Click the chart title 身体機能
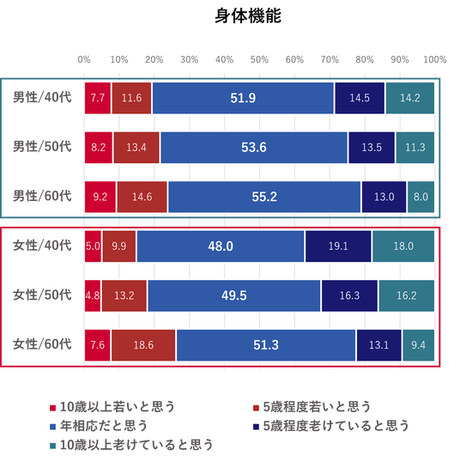click(248, 15)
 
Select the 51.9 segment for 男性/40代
click(243, 98)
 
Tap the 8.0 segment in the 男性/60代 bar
click(421, 197)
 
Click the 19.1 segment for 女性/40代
click(338, 246)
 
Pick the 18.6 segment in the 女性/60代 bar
click(143, 345)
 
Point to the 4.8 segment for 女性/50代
click(93, 295)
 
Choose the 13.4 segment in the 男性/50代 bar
click(136, 148)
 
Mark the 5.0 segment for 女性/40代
click(93, 246)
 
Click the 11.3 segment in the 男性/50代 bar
click(415, 148)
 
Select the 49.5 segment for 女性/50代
click(234, 295)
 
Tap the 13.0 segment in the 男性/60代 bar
click(384, 197)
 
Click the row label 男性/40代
click(42, 98)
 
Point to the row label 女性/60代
click(42, 344)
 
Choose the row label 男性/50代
click(42, 147)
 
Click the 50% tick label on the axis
click(259, 60)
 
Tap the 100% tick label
click(435, 60)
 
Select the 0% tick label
click(84, 60)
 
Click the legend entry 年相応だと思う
click(99, 426)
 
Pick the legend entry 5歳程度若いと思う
click(312, 407)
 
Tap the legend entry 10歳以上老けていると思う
click(131, 445)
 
